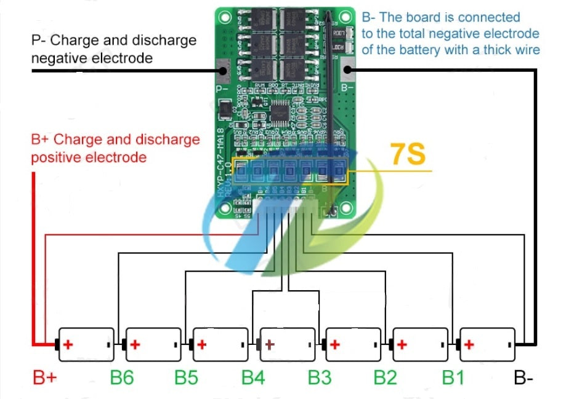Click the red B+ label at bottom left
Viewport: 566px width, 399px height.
(x=45, y=377)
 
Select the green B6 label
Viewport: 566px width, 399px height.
(x=122, y=377)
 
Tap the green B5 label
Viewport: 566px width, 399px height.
(x=187, y=377)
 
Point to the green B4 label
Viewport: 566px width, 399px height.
(x=253, y=377)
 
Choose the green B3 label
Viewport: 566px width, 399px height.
(x=320, y=377)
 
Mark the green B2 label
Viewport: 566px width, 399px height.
(x=386, y=377)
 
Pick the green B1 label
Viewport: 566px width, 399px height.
(x=453, y=377)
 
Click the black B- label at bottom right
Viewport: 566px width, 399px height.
(x=523, y=377)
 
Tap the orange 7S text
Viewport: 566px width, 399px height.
(x=408, y=155)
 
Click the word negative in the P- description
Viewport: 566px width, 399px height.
(x=56, y=58)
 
